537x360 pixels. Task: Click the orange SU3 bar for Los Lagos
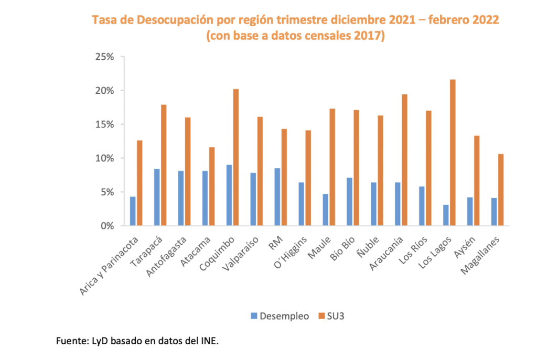click(x=453, y=152)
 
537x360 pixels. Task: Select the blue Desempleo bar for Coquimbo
click(x=229, y=195)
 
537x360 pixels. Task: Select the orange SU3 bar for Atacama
click(x=211, y=187)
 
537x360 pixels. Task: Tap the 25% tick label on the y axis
click(x=104, y=57)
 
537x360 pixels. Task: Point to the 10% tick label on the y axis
click(x=104, y=158)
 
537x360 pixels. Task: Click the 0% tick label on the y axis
click(x=106, y=226)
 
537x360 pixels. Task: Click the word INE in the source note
click(x=208, y=342)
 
